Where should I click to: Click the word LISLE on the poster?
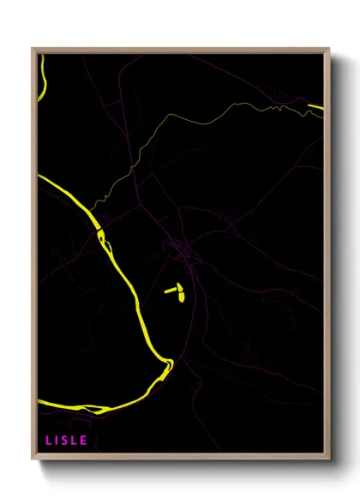click(66, 441)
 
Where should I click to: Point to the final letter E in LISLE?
click(84, 441)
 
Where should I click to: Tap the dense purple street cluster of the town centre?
click(180, 250)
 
